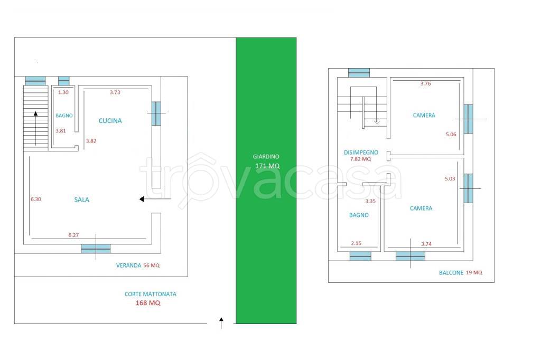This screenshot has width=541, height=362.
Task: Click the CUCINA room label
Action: click(x=110, y=121)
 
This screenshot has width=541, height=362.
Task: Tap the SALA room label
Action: click(x=82, y=199)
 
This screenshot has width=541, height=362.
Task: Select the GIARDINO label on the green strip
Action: click(x=266, y=157)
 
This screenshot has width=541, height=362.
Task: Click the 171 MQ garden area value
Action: click(x=267, y=166)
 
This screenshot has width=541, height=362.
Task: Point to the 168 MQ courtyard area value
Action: click(x=148, y=303)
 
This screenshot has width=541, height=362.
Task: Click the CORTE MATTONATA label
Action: click(x=151, y=294)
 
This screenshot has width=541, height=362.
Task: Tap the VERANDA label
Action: click(x=129, y=265)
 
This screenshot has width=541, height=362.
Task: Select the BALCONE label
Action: click(x=451, y=273)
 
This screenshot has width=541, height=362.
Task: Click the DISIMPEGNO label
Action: click(x=361, y=153)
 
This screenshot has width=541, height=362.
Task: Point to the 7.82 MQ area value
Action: click(x=360, y=159)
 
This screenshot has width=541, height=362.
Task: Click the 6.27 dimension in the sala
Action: click(x=73, y=235)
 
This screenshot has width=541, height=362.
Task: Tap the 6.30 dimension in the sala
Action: click(x=36, y=199)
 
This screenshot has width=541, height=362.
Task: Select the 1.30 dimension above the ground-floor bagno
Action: click(x=63, y=92)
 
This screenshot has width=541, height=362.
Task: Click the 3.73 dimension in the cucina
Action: click(x=115, y=92)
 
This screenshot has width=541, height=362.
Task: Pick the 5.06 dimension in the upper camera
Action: click(x=451, y=135)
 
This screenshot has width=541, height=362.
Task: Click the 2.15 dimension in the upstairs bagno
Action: click(x=356, y=243)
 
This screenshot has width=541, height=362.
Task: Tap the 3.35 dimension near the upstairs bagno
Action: click(x=370, y=201)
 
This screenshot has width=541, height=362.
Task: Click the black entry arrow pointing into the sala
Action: click(x=155, y=199)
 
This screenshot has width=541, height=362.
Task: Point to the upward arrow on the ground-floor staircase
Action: click(x=35, y=128)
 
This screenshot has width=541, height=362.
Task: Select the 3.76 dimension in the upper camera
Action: click(x=425, y=83)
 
